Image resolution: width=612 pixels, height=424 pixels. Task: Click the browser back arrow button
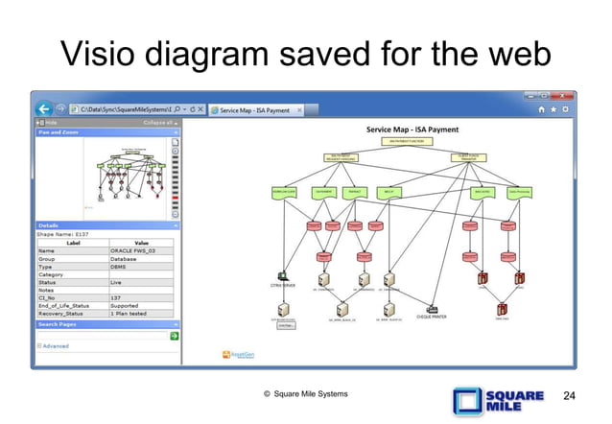44,108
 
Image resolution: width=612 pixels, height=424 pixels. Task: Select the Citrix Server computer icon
283,276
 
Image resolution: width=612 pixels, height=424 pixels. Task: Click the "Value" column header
140,241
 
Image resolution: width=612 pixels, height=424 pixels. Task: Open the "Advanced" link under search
55,345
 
